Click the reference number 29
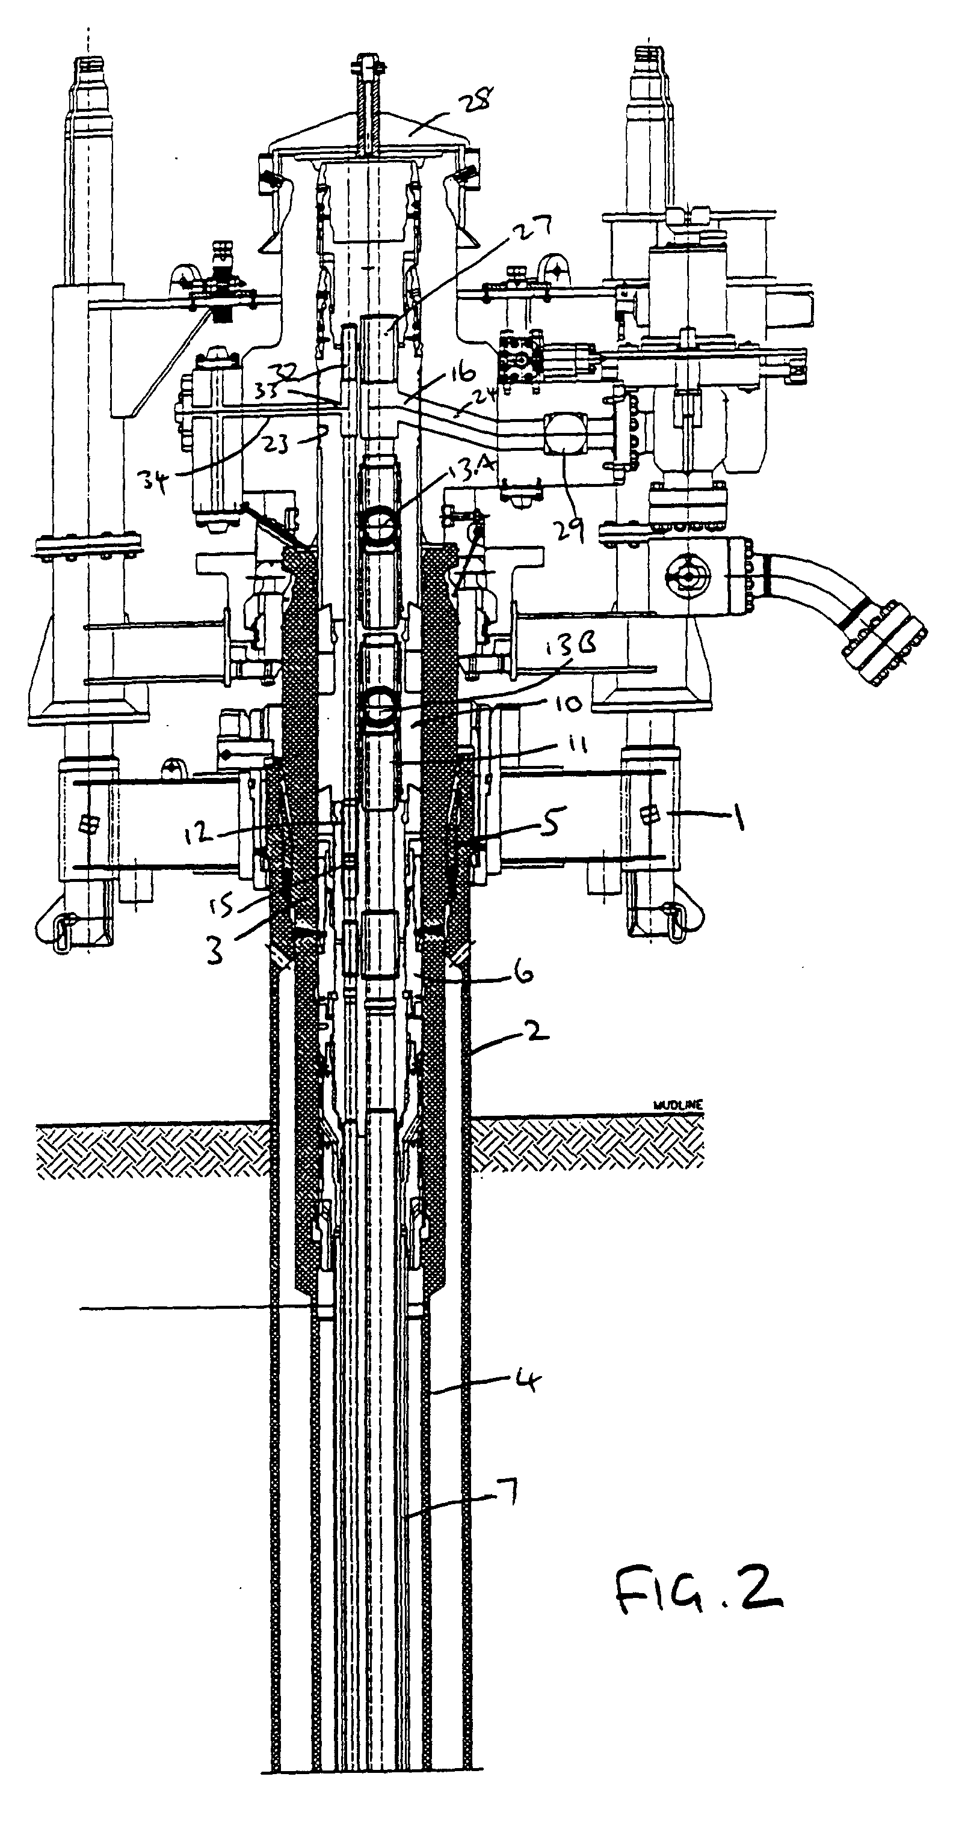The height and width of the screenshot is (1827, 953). tap(573, 525)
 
